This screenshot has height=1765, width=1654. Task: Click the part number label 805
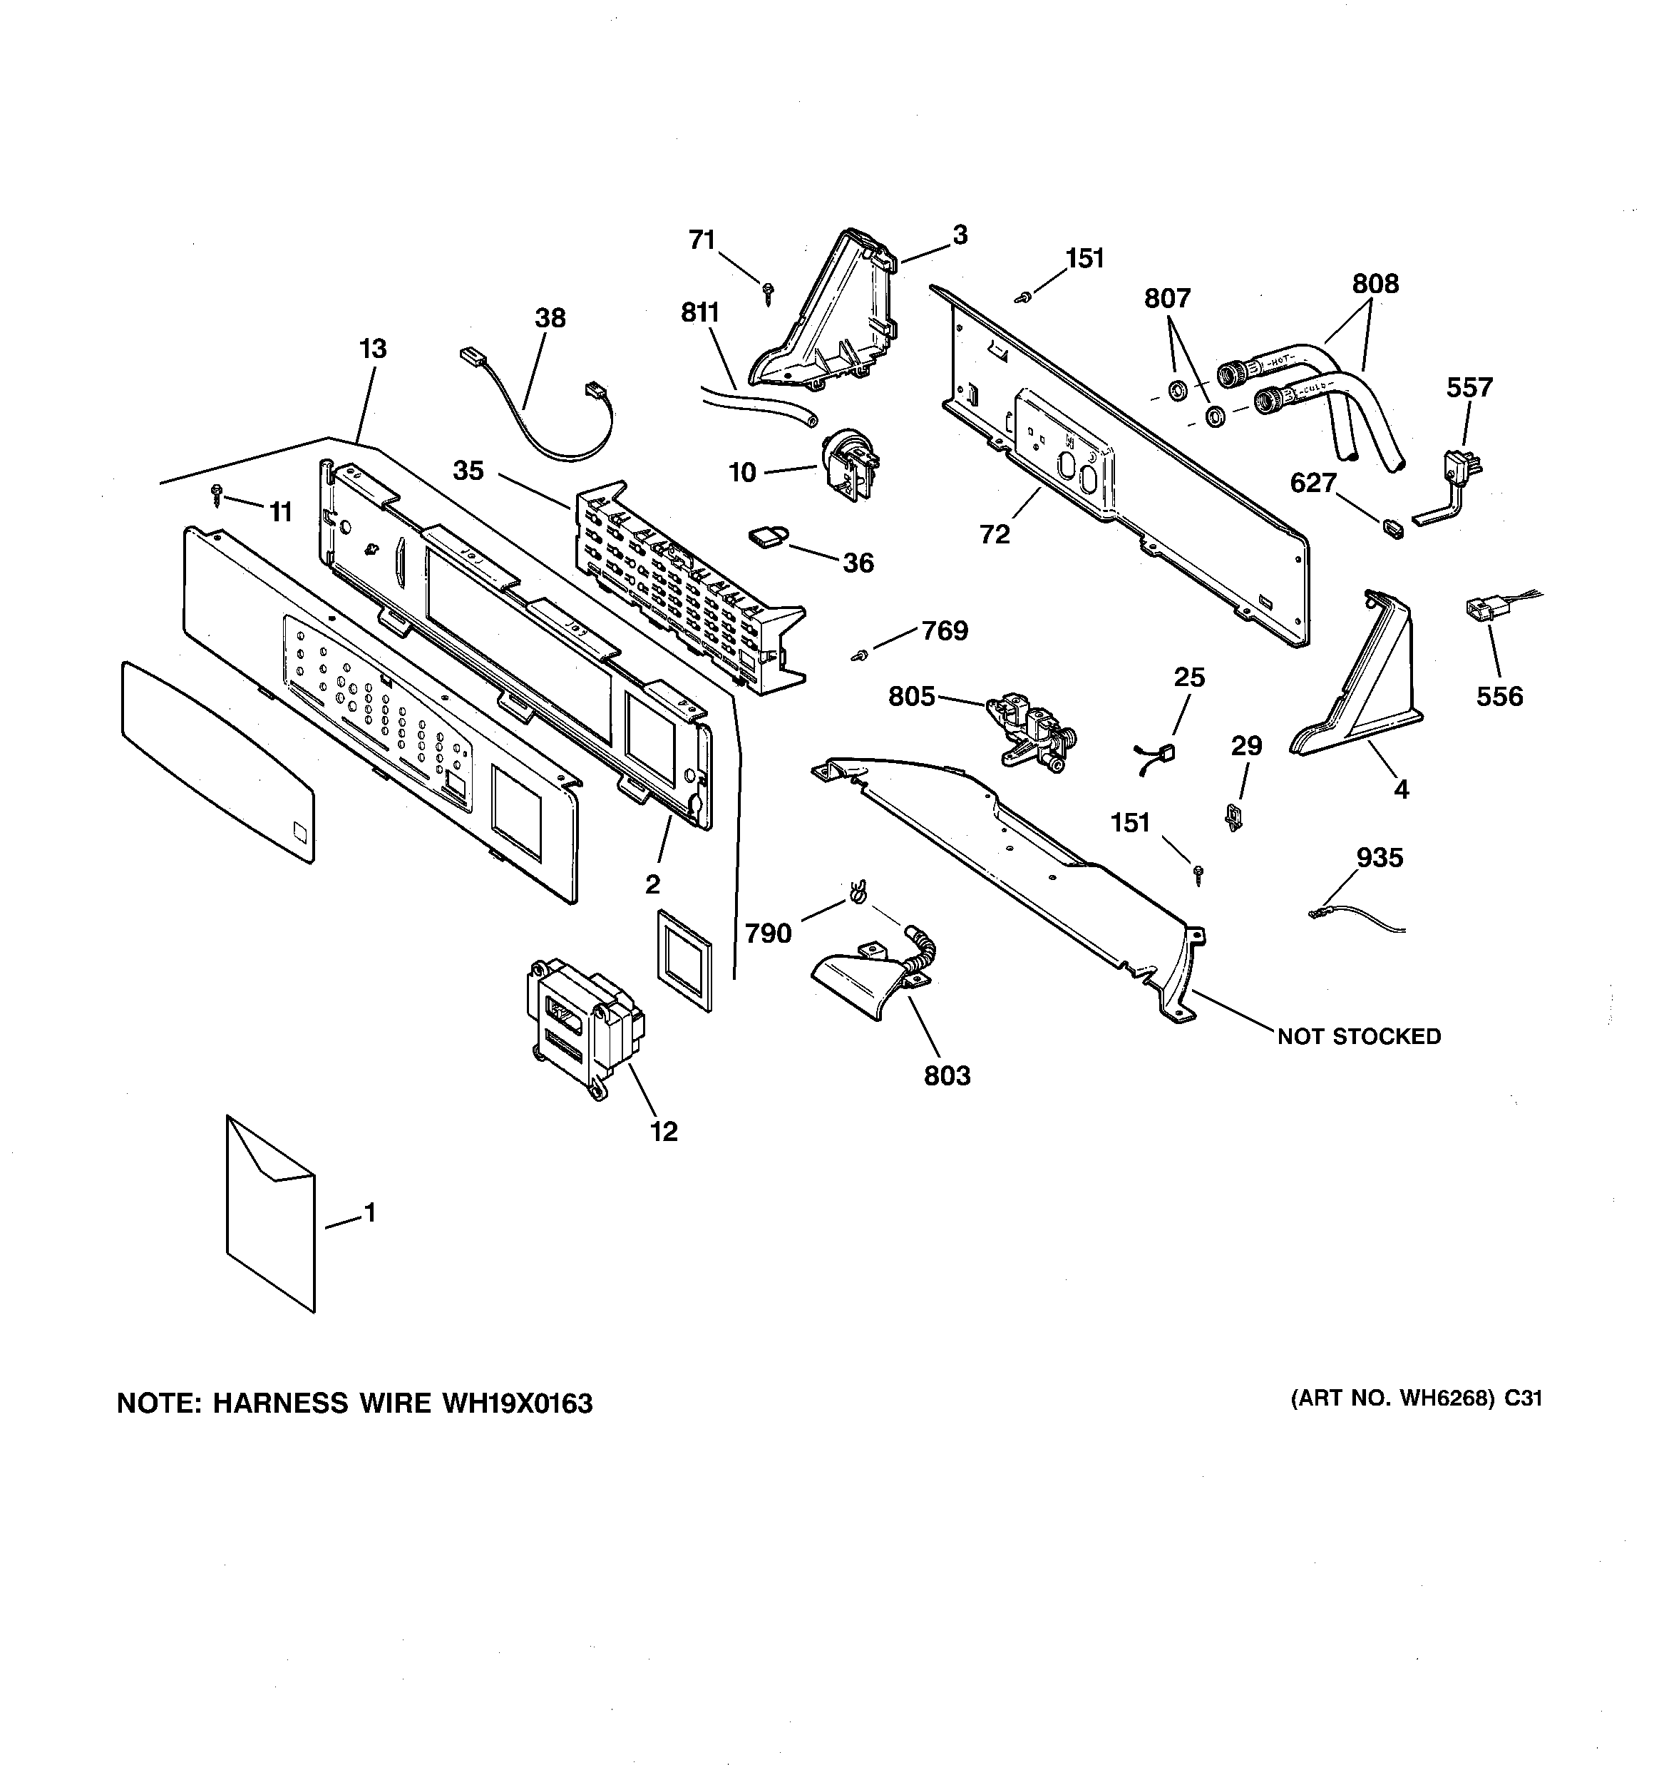click(x=912, y=697)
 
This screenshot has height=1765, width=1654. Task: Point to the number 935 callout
click(x=1380, y=858)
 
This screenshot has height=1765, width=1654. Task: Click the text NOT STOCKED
click(x=1358, y=1036)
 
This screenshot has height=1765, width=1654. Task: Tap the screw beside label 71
click(x=768, y=292)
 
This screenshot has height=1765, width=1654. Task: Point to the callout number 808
click(x=1375, y=284)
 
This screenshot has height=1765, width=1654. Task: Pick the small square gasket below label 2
click(x=684, y=960)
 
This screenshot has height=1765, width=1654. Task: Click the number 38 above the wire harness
click(x=550, y=318)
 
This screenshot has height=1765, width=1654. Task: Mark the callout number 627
click(x=1313, y=483)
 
